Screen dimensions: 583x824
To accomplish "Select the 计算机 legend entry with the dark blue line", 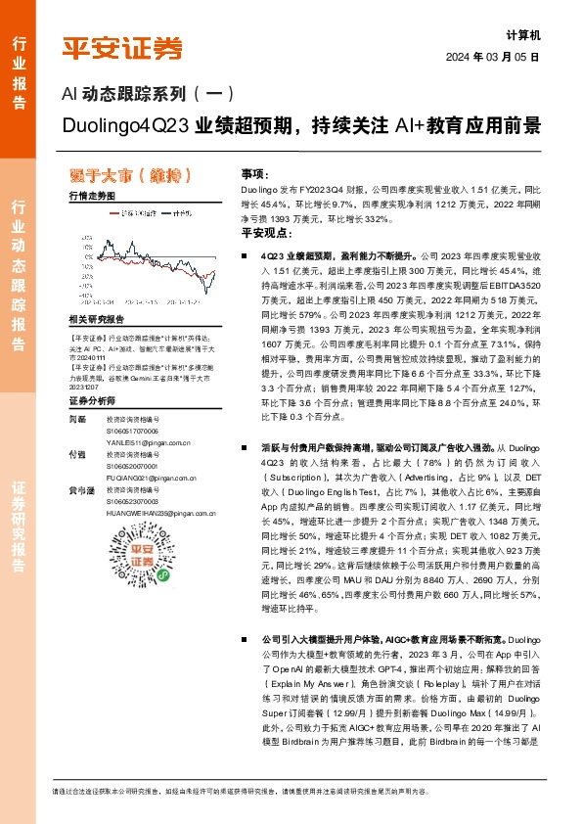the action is [x=182, y=211].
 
